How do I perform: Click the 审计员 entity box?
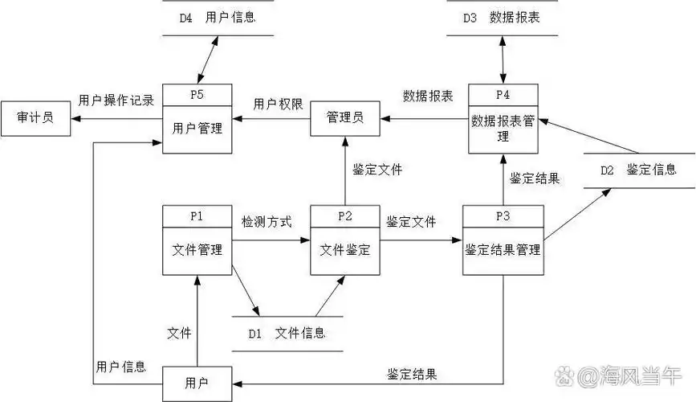(35, 118)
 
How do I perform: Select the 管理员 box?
(344, 118)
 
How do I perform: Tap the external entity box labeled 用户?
(197, 383)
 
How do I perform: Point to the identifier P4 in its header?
(503, 94)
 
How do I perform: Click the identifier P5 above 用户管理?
(197, 94)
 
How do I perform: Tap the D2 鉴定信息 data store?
(638, 170)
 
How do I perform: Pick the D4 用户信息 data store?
(218, 17)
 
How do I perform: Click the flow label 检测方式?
(267, 220)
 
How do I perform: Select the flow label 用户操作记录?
(116, 100)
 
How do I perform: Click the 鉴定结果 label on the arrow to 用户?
(412, 374)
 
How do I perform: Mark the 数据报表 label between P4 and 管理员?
(428, 96)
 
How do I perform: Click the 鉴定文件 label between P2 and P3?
(411, 221)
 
